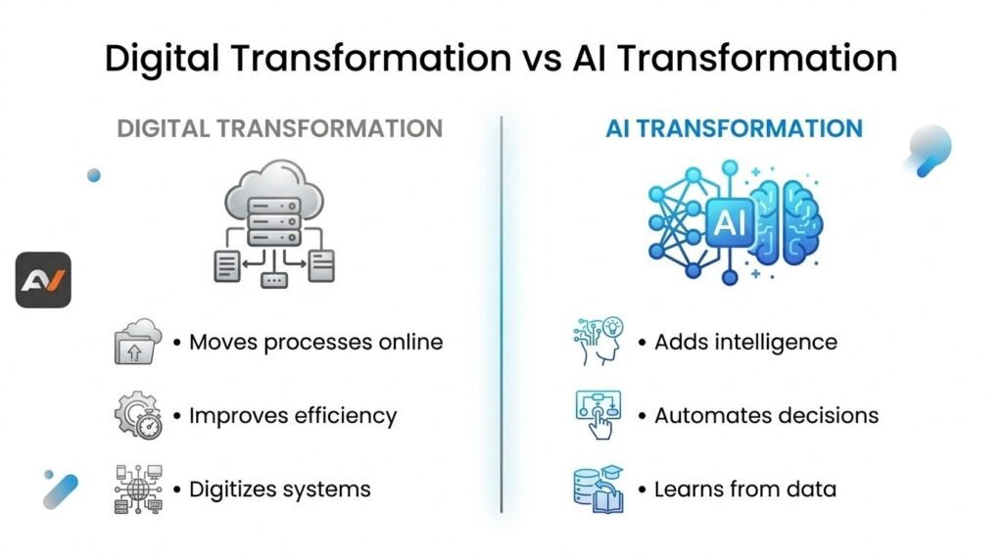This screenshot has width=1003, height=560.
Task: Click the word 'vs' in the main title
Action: tap(543, 58)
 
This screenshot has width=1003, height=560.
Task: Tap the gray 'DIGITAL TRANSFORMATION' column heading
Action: tap(279, 128)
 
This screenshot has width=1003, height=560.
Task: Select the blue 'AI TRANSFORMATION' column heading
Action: tap(734, 128)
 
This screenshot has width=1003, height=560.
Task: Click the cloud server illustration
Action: tap(274, 223)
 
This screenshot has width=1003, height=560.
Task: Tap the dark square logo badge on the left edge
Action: tap(43, 280)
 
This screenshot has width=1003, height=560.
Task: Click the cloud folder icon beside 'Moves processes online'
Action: tap(137, 342)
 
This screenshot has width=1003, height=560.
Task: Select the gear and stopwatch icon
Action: tap(138, 415)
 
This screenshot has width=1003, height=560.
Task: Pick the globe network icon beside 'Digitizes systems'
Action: tap(138, 490)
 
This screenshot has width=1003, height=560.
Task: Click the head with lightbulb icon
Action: tap(598, 342)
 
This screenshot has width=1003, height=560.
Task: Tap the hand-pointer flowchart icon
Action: tap(598, 415)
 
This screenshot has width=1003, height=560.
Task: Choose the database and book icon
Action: tap(598, 490)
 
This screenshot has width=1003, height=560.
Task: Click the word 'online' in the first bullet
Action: tap(410, 342)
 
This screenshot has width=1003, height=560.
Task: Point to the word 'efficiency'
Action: tap(346, 415)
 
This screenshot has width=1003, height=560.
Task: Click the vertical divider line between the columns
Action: tap(501, 314)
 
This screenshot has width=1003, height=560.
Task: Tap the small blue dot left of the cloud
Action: tap(94, 175)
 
